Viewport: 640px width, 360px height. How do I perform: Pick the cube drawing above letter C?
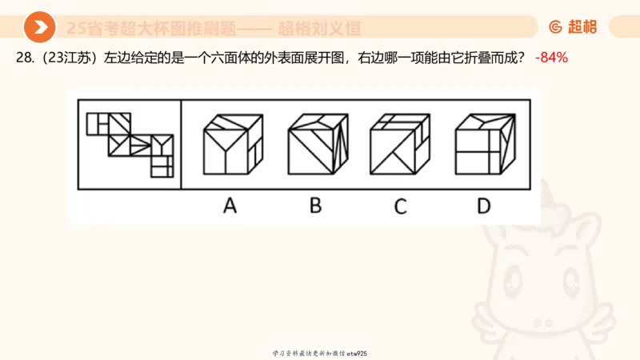pos(399,144)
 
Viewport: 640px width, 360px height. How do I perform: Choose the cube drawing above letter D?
pos(483,144)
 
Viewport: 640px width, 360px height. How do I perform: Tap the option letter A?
pos(230,206)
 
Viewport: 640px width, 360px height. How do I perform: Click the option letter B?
pos(315,206)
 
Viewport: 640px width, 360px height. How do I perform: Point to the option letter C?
pos(400,206)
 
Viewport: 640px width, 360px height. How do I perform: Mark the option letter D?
pos(483,206)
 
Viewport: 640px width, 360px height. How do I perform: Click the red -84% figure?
pos(551,58)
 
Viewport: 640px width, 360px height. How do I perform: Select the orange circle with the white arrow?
pos(39,28)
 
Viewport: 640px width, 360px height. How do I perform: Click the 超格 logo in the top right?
pos(573,27)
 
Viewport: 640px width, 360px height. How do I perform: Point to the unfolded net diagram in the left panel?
pos(130,144)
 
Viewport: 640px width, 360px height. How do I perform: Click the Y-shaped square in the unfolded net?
pos(162,145)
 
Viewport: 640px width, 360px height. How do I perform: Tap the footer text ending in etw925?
pos(320,353)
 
